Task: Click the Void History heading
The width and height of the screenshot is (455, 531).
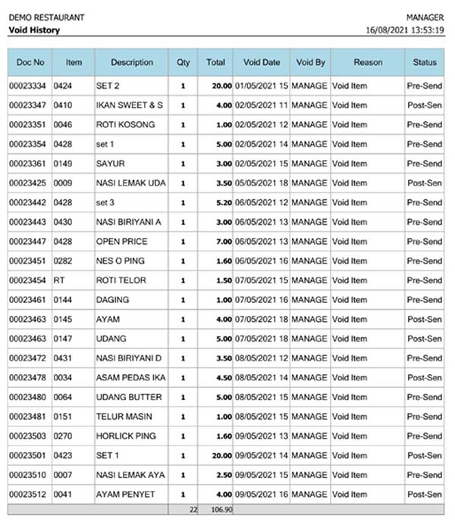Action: [34, 30]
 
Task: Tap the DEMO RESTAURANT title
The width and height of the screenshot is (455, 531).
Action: [46, 17]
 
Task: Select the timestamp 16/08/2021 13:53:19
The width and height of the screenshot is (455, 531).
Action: [405, 30]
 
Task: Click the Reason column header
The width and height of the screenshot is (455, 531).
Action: [368, 62]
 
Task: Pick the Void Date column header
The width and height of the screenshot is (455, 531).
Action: [262, 62]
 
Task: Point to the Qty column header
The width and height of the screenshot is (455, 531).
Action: [183, 62]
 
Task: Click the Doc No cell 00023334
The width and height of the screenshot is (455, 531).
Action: [27, 86]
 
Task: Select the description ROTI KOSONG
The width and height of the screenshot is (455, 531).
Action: [125, 124]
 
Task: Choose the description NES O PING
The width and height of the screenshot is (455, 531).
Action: [121, 261]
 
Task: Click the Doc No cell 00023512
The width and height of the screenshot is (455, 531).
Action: [27, 495]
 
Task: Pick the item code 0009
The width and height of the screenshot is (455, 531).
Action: [63, 183]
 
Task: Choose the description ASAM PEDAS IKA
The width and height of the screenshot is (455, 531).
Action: [130, 377]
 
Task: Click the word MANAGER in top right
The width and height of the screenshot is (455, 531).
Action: [425, 17]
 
